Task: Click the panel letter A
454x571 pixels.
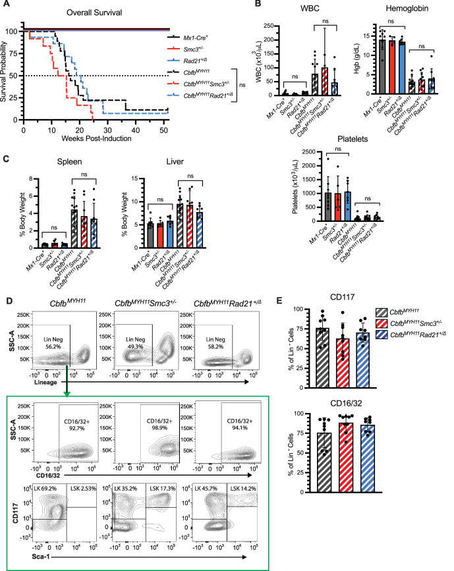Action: click(x=7, y=6)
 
